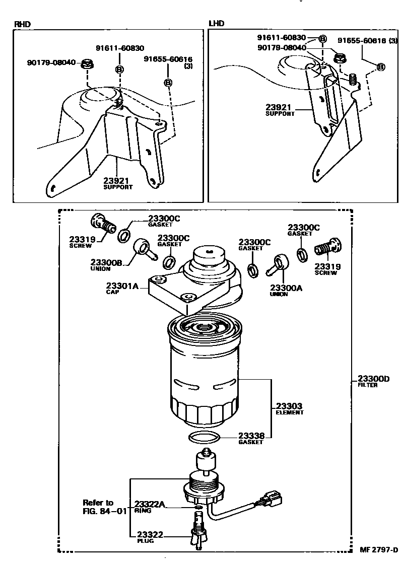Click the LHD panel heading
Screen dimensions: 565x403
[217, 23]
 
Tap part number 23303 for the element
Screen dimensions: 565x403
[289, 405]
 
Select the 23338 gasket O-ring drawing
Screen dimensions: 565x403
[205, 437]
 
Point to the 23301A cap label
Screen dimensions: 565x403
[122, 287]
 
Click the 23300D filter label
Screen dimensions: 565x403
[373, 379]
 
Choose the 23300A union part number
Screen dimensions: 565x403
[286, 288]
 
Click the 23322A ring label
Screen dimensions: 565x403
[150, 504]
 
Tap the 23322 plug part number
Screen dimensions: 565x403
[150, 534]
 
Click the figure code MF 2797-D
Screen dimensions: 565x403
[378, 549]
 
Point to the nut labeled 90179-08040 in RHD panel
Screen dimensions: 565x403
[88, 64]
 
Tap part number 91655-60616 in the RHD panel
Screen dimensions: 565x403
[168, 59]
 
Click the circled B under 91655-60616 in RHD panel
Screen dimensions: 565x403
[168, 83]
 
